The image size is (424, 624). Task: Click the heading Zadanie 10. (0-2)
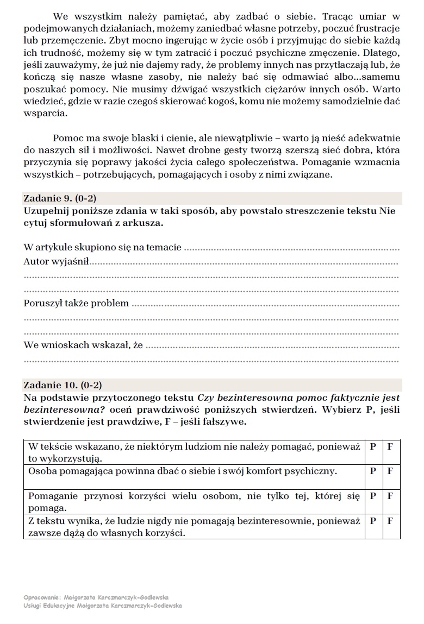[63, 385]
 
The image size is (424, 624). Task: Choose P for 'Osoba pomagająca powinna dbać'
[373, 471]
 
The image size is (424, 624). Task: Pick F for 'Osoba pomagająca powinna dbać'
[390, 471]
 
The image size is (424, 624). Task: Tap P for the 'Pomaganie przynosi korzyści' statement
[373, 496]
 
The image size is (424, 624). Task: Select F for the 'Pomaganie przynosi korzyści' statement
[390, 496]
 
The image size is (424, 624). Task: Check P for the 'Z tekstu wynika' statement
[373, 521]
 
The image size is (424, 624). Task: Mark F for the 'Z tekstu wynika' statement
[390, 521]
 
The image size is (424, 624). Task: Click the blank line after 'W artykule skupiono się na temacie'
[292, 249]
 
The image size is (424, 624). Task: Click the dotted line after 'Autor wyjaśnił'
[244, 263]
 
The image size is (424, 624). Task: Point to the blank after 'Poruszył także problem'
[266, 304]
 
